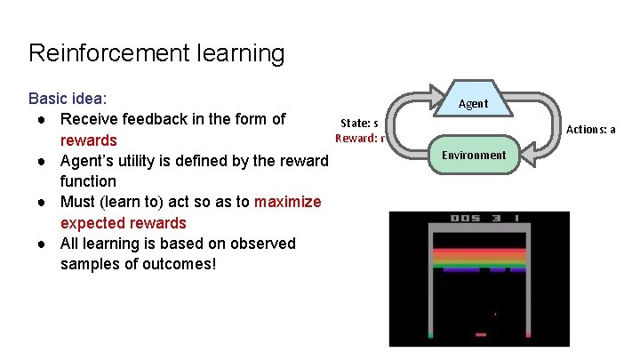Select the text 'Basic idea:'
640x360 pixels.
coord(68,99)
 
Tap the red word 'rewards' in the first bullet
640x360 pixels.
coord(88,140)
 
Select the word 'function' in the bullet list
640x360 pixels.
coord(88,181)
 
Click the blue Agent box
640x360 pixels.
coord(473,103)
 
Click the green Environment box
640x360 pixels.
coord(474,155)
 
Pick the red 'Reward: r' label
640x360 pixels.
coord(359,138)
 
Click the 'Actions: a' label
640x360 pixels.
coord(590,130)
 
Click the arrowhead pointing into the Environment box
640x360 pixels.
coord(526,156)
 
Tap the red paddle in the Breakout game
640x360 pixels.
coord(481,335)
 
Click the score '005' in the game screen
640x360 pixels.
coord(465,219)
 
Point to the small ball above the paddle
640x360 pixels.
coord(495,314)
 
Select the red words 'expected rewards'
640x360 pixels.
coord(123,223)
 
